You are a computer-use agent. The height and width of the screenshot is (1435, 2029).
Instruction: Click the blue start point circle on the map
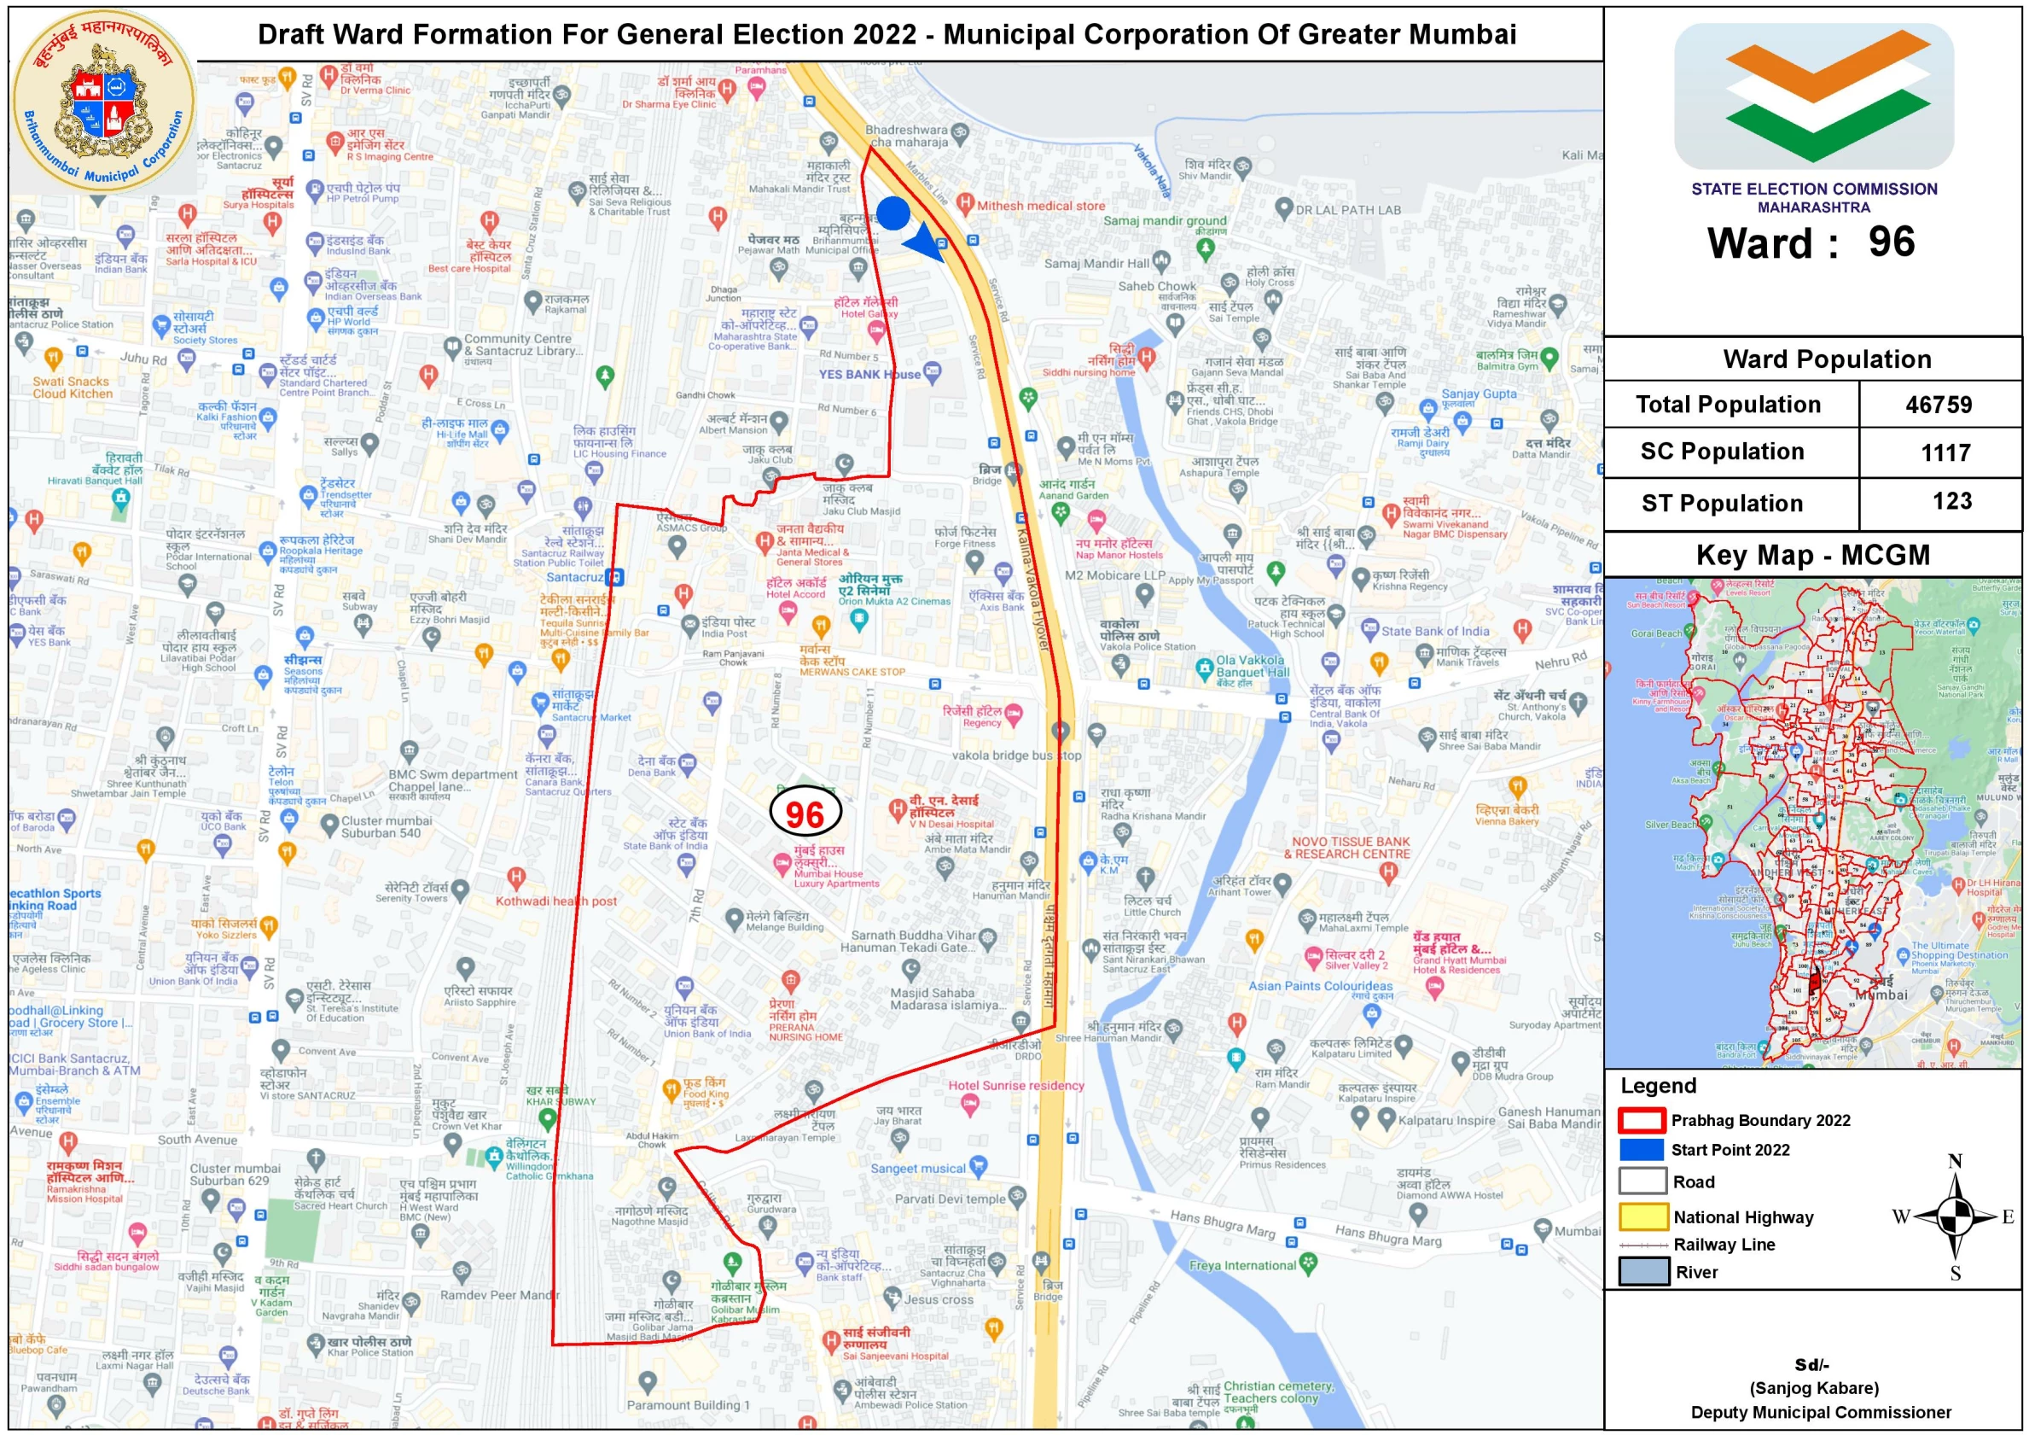coord(892,214)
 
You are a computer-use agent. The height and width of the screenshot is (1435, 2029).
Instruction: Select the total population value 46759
coord(1938,405)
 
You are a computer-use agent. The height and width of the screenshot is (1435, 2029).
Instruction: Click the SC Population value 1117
coord(1945,452)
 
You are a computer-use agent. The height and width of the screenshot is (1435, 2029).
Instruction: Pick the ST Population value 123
coord(1951,501)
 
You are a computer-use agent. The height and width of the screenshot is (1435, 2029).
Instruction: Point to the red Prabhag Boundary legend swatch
coord(1641,1120)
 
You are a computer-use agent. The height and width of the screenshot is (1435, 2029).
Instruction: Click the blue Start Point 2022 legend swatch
coord(1641,1149)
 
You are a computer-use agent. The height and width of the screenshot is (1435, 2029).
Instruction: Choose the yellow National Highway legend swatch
coord(1642,1216)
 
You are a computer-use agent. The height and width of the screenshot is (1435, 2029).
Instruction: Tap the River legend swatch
coord(1642,1271)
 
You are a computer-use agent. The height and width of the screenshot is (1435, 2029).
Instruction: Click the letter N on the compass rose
coord(1955,1161)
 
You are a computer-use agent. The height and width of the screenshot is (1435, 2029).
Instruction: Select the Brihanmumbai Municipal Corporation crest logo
coord(104,99)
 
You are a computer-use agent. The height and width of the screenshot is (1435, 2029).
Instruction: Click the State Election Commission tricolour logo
coord(1813,96)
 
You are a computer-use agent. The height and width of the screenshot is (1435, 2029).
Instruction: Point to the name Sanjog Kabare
coord(1813,1388)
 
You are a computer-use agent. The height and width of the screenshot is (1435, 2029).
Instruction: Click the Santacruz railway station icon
coord(614,577)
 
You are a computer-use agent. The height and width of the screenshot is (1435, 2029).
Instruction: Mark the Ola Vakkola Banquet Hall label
coord(1252,666)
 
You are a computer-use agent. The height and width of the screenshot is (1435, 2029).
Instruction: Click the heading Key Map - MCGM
coord(1812,555)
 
